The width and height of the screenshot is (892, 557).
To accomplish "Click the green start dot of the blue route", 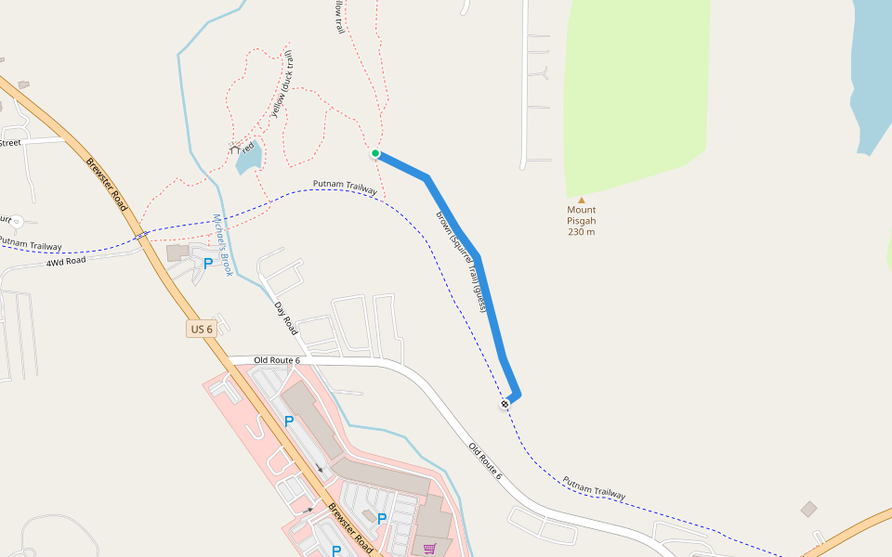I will [x=375, y=153].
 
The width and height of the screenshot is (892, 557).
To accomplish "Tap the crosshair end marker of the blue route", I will [x=505, y=404].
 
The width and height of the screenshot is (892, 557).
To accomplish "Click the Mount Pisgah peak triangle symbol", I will [x=582, y=200].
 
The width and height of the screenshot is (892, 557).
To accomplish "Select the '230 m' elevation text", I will [x=582, y=232].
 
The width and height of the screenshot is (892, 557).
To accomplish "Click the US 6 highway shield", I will [x=201, y=330].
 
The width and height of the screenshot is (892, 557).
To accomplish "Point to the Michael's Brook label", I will [x=223, y=245].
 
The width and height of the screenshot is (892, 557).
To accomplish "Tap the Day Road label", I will [x=286, y=318].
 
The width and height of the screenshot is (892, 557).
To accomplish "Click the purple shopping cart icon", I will [x=429, y=550].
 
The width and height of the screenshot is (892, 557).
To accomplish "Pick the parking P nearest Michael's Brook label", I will [x=208, y=264].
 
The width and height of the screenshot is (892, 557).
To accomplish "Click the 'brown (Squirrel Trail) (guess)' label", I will [x=462, y=261].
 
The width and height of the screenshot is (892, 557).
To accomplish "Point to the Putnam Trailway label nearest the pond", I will [x=345, y=188].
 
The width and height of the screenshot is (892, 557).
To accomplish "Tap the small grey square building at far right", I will [x=809, y=509].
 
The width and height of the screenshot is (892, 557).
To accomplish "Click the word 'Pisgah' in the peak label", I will [x=582, y=221].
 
